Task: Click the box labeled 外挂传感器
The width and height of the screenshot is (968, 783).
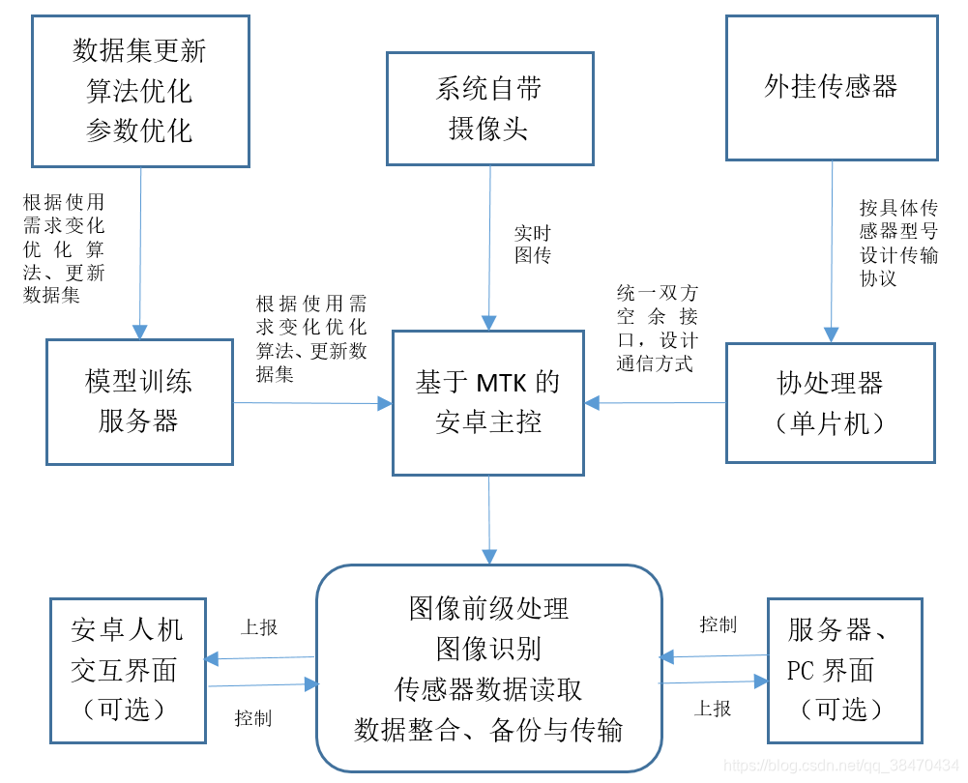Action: click(x=831, y=87)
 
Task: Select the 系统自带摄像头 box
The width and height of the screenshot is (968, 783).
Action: click(x=489, y=108)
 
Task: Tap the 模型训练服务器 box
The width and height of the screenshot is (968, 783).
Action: click(x=139, y=401)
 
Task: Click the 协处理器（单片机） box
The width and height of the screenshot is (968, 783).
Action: click(x=831, y=402)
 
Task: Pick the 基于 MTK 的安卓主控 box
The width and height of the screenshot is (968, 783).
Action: click(x=487, y=402)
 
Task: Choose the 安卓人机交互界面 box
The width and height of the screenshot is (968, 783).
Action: click(x=128, y=670)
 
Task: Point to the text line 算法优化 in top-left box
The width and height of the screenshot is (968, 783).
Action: click(x=139, y=91)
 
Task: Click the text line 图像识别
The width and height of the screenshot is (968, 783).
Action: click(x=488, y=648)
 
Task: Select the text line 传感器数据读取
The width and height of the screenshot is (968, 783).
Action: click(x=488, y=688)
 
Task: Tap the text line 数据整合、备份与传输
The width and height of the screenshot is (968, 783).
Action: click(x=488, y=729)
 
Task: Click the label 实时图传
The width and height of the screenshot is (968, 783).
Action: click(x=532, y=244)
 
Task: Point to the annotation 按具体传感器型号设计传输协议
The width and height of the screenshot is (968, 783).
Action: click(x=898, y=243)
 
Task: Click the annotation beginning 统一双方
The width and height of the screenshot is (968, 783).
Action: click(x=657, y=329)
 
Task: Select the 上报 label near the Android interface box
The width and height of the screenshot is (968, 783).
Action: click(x=259, y=627)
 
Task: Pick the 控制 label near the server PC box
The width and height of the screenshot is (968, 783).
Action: click(x=718, y=624)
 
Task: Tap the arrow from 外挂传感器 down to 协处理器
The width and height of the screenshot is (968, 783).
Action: click(x=831, y=251)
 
